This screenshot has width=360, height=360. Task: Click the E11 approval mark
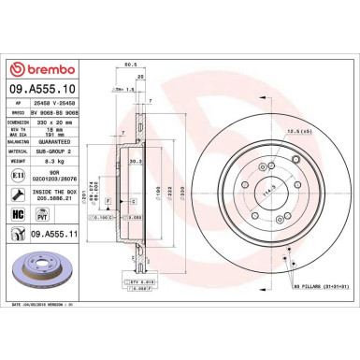(x=17, y=174)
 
